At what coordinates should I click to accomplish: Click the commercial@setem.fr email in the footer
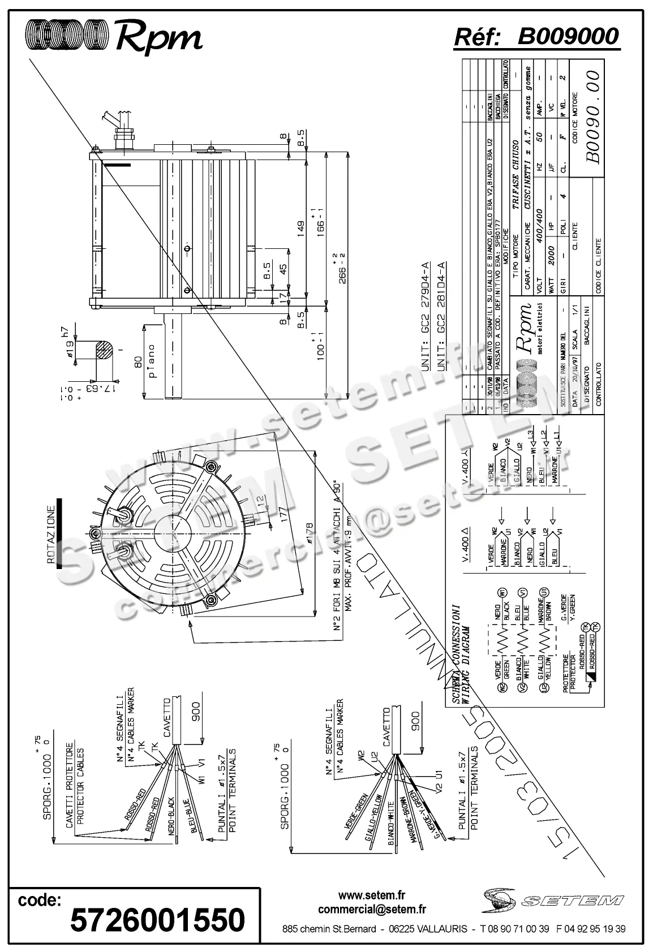click(372, 910)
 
